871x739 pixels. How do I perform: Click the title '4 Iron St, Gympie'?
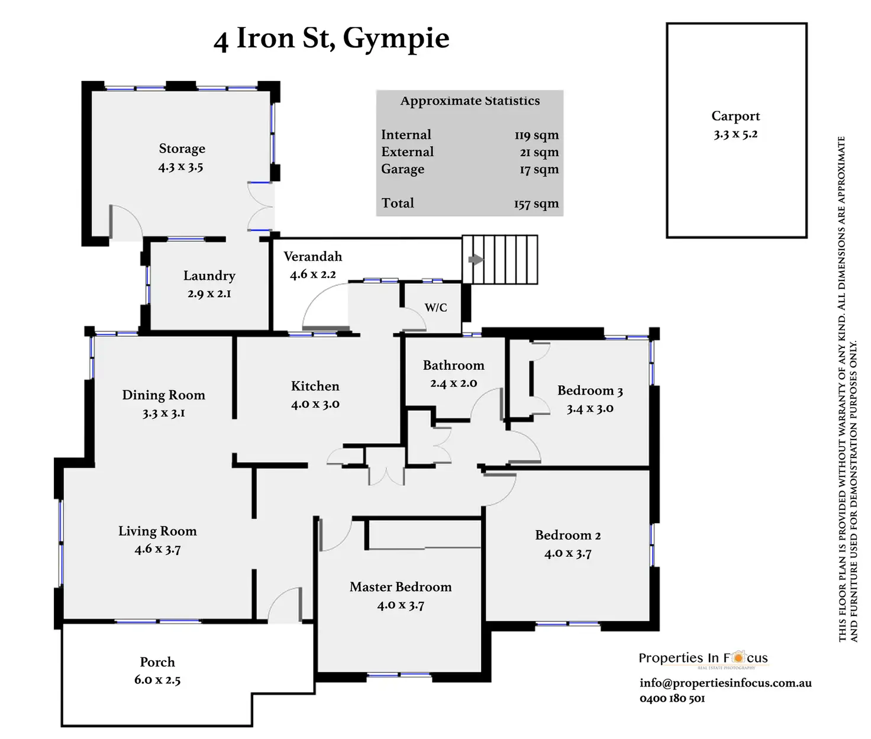pos(331,39)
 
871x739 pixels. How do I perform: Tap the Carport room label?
pos(735,116)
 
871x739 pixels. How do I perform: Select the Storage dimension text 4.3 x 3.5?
pos(180,167)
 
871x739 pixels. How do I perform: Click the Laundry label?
pos(209,276)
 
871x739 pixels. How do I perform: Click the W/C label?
pos(435,308)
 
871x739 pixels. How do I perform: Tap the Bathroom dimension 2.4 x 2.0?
pos(453,383)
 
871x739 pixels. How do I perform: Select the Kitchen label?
pos(315,386)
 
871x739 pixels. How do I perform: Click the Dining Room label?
pos(163,395)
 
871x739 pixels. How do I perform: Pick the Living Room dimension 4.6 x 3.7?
pos(157,549)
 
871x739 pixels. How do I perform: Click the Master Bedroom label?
pos(400,587)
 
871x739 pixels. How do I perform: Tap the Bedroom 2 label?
pos(567,535)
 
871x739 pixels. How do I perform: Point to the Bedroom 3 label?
pos(590,391)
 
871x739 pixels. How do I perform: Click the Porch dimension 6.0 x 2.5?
pos(157,680)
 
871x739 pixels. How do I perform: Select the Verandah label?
pos(312,257)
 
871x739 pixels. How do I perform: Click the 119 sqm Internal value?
pos(536,135)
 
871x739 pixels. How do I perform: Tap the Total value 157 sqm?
pos(536,204)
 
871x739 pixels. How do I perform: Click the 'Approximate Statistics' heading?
pos(470,101)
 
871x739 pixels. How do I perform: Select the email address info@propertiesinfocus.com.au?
pos(725,683)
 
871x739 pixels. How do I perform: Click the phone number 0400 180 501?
pos(672,699)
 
